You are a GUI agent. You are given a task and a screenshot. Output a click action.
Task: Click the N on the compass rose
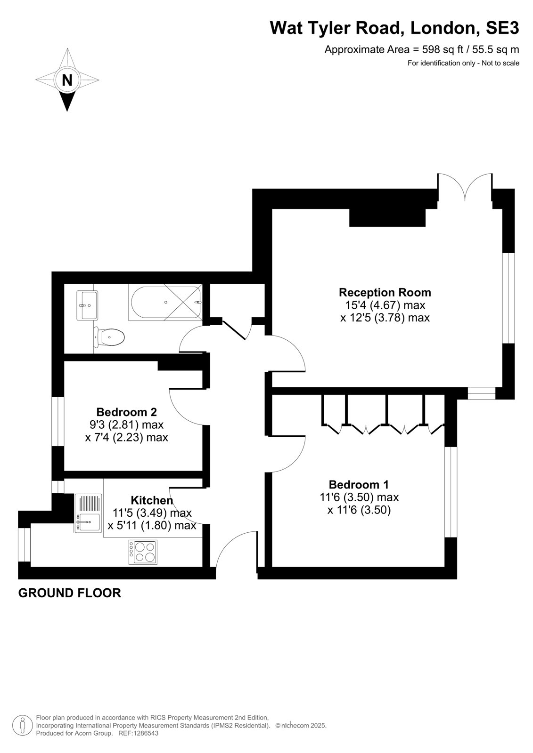pos(67,80)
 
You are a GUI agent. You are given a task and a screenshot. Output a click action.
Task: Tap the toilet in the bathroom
pos(109,336)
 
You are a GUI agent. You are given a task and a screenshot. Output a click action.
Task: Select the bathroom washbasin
pos(88,305)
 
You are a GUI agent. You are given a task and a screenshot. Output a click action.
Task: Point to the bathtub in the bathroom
pos(165,303)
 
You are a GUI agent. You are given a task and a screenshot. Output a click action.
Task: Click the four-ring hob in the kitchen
pos(143,552)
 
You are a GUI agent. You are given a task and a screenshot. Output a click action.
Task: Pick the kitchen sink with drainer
pos(88,513)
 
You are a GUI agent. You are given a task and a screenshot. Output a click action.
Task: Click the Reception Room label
pos(385,292)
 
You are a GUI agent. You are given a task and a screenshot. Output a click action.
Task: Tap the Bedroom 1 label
pos(359,485)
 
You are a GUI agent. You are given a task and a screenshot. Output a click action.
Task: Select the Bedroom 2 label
pos(127,412)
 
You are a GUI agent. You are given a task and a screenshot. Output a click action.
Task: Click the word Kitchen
pos(152,500)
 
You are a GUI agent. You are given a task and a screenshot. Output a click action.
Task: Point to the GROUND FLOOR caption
pos(70,593)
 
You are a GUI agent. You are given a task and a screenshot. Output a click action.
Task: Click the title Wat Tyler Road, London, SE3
pos(394,28)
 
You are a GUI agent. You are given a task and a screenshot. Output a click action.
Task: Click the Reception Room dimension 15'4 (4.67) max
pos(385,305)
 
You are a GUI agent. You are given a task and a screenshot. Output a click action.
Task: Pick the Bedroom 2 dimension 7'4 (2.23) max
pos(126,437)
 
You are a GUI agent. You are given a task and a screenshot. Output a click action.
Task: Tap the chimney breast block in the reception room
pos(387,217)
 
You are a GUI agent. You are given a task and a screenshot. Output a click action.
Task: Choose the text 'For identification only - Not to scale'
pos(463,63)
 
